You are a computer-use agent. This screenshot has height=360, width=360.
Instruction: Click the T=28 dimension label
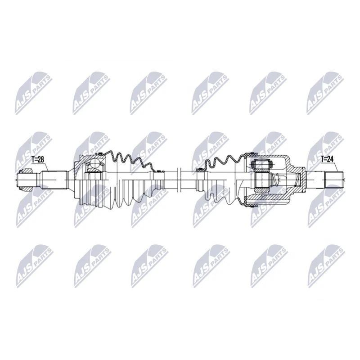pyautogui.click(x=38, y=160)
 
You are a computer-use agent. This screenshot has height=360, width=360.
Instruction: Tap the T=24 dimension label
pyautogui.click(x=327, y=159)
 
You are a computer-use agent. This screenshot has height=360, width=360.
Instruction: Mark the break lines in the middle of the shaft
pyautogui.click(x=179, y=180)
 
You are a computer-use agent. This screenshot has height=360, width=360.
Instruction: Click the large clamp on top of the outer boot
pyautogui.click(x=100, y=153)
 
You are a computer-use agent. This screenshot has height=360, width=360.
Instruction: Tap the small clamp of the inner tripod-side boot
pyautogui.click(x=199, y=170)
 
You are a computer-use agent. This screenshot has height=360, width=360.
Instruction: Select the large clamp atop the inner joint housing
pyautogui.click(x=252, y=153)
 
